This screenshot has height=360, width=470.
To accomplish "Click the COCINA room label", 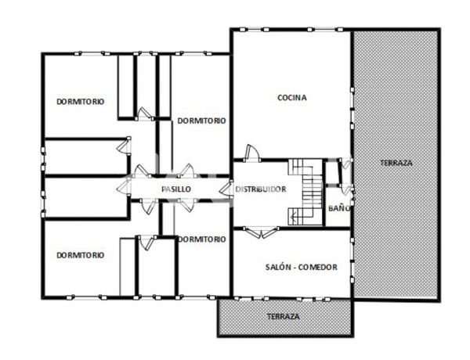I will coord(291,98).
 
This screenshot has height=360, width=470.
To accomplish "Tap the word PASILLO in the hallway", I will coord(176,189).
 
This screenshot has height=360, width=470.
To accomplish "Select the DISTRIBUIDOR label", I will coord(261,189).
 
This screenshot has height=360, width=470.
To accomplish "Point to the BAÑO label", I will coord(338,208).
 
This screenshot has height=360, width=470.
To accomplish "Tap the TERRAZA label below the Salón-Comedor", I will coord(282,316).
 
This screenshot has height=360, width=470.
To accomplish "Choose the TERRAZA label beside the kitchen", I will coord(396,163).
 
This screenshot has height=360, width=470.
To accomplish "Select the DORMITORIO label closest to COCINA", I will coord(201,121).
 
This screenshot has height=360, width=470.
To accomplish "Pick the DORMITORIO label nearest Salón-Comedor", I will coord(201,239).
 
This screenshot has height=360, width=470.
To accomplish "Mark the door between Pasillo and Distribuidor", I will coord(227,189).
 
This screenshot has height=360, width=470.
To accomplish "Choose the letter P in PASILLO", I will coord(164,189).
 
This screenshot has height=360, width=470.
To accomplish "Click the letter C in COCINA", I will coord(280,98).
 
